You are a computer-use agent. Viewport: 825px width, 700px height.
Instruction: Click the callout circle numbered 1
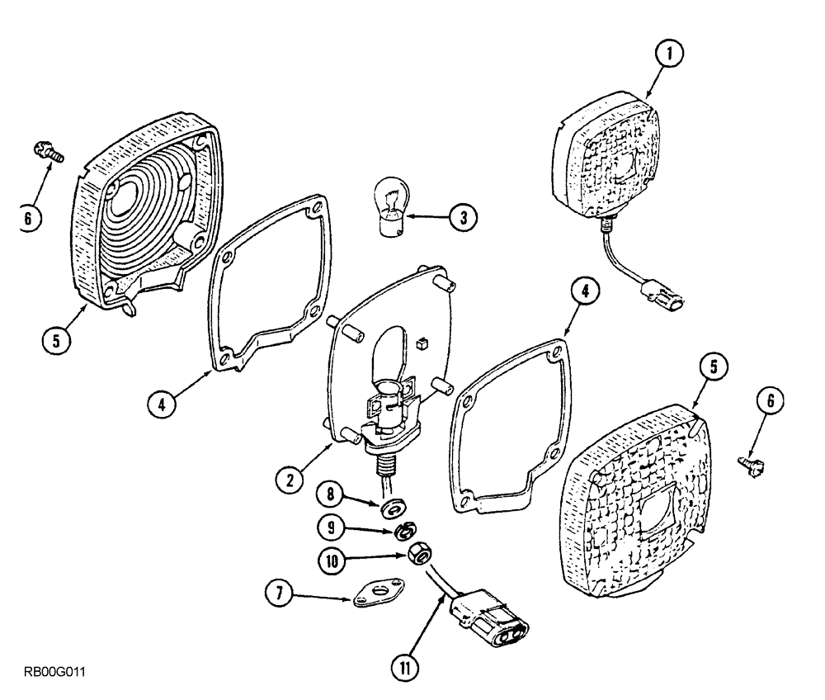669,55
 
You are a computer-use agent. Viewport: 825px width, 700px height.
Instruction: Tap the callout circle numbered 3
463,218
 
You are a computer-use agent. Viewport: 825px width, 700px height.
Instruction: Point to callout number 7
279,592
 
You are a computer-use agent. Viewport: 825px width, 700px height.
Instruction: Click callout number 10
333,559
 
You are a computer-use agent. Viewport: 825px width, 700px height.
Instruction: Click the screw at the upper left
43,150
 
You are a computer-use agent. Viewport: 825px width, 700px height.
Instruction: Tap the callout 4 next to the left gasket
163,404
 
